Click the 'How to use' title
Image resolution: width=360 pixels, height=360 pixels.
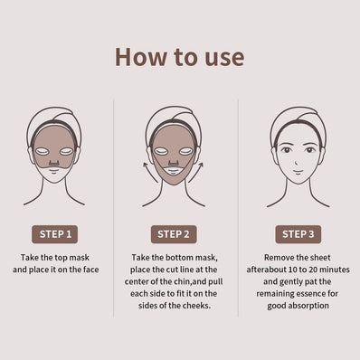[x=179, y=56]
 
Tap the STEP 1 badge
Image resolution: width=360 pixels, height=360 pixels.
[x=55, y=233]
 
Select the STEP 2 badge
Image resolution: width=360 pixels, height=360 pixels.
[x=176, y=233]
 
